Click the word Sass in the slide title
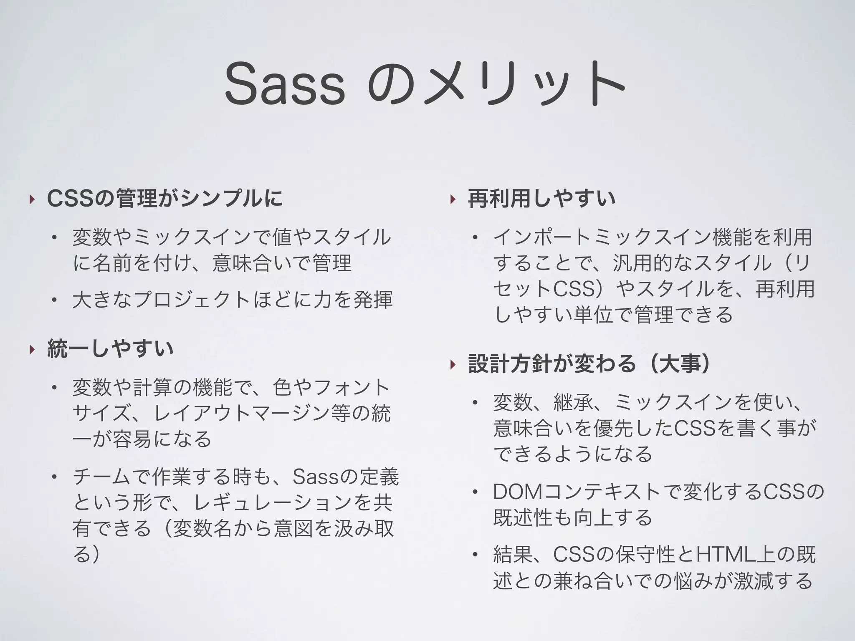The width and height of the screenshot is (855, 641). [x=285, y=84]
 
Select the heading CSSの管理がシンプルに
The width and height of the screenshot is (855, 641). [x=165, y=198]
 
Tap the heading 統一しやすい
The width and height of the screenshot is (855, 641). [x=111, y=349]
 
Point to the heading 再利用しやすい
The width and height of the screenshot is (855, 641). [x=541, y=198]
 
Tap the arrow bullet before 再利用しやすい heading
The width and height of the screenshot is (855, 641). [x=452, y=199]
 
